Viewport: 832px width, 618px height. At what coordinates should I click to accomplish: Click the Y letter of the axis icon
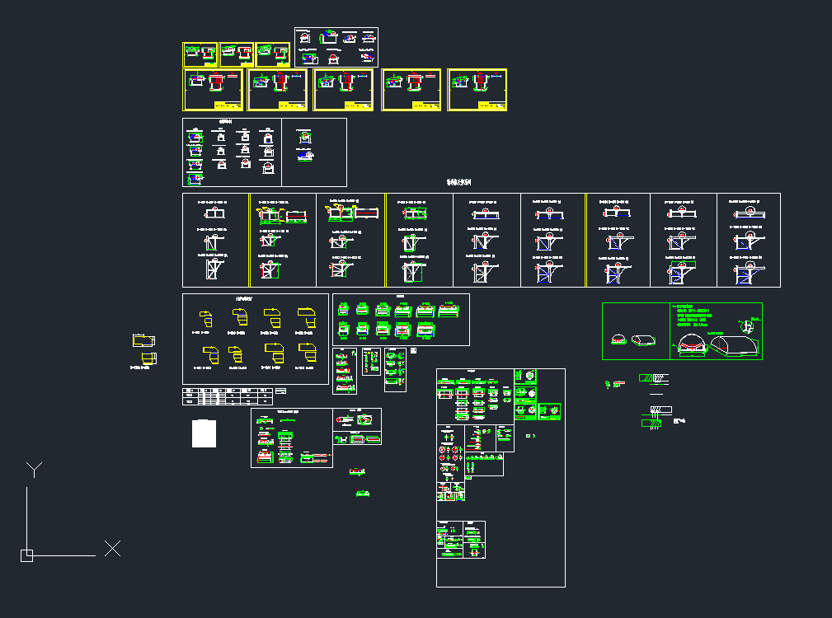click(34, 470)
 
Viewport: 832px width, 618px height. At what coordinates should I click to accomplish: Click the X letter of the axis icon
click(112, 548)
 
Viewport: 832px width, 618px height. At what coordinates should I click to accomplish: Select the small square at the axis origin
click(26, 555)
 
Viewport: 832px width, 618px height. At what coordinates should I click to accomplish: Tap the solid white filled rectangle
click(204, 433)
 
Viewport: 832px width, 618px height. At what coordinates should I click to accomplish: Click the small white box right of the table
click(280, 390)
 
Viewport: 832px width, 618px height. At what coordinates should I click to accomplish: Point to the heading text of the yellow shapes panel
click(244, 299)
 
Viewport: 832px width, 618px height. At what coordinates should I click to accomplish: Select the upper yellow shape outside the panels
click(143, 340)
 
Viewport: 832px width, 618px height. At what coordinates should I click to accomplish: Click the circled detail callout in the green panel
click(750, 325)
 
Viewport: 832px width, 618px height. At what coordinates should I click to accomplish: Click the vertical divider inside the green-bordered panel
click(670, 330)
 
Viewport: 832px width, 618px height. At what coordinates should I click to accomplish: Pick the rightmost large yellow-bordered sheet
click(477, 90)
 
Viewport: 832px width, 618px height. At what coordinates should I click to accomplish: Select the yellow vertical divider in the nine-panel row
click(386, 240)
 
